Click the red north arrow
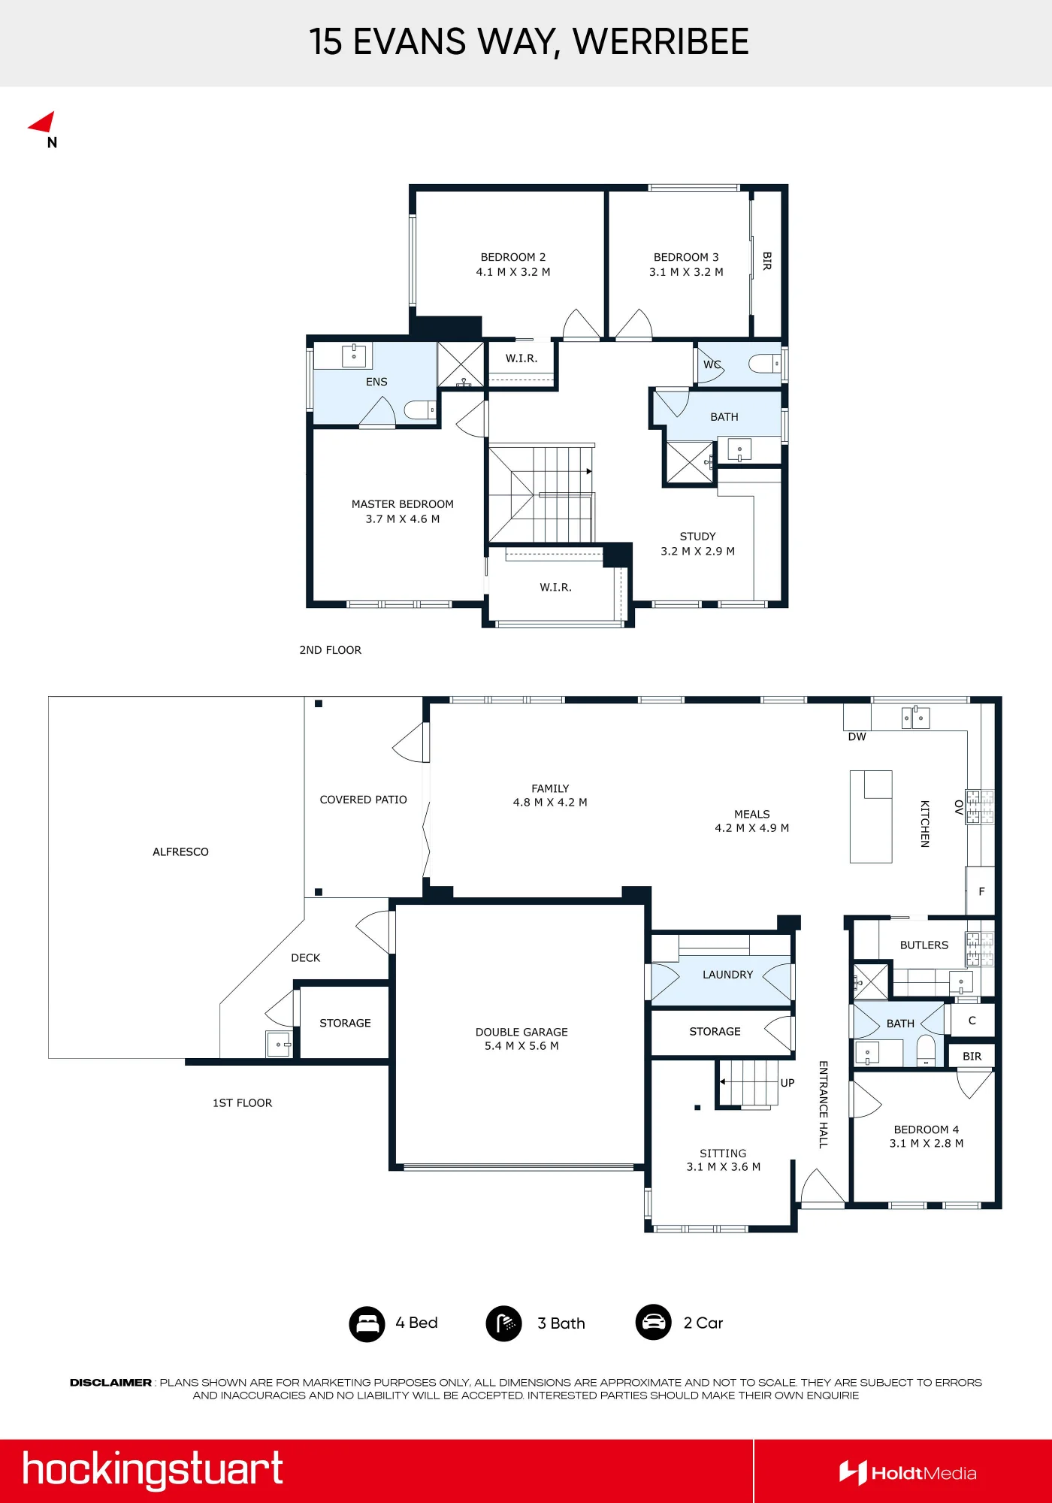coord(44,123)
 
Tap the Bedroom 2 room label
coord(513,257)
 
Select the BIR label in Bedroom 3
coord(766,261)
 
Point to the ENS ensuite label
coord(376,382)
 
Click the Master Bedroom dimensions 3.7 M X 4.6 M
coord(403,519)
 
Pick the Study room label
coord(697,537)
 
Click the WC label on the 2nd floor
coord(712,364)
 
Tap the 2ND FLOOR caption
coord(331,650)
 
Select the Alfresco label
coord(180,851)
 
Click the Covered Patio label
coord(364,800)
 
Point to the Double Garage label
coord(521,1032)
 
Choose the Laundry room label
coord(727,975)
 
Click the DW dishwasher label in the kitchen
coord(857,736)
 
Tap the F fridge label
coord(981,891)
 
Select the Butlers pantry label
coord(924,945)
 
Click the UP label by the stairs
coord(787,1083)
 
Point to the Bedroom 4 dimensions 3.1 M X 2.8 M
coord(927,1143)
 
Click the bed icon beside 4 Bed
coord(367,1323)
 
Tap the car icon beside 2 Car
coord(654,1322)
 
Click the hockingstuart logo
coord(153,1470)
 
